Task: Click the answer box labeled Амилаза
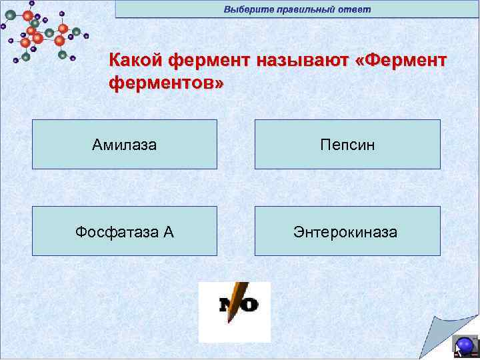point(125,144)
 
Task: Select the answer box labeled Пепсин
point(347,144)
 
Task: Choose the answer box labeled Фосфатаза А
point(125,231)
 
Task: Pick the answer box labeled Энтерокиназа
point(347,231)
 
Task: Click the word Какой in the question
point(136,61)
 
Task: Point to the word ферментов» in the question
point(167,85)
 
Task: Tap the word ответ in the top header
point(355,9)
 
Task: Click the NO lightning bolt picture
point(235,311)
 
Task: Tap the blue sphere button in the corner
point(465,345)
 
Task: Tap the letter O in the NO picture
point(249,305)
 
